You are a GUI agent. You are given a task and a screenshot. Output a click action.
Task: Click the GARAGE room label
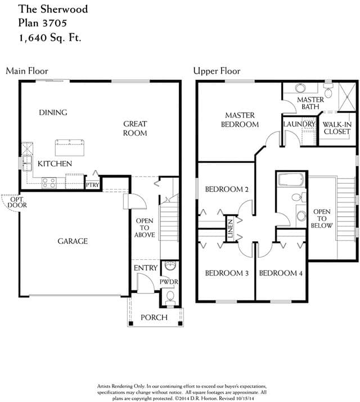tap(73, 241)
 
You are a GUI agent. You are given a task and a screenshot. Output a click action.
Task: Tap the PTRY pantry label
tap(92, 185)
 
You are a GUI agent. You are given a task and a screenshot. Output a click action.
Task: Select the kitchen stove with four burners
tap(49, 183)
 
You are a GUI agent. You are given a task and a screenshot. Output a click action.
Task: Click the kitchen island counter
tap(70, 147)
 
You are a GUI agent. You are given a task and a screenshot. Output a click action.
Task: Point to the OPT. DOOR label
tap(17, 202)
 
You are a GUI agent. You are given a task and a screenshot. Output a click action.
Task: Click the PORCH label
tap(154, 318)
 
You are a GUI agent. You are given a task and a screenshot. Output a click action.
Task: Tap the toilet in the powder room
tap(170, 298)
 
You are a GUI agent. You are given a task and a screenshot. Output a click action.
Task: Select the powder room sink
tap(170, 265)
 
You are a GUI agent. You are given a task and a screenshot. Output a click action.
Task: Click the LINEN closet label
tap(231, 228)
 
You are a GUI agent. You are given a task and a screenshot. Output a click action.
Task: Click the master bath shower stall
tap(348, 96)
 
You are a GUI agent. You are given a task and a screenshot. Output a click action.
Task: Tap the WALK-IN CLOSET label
tap(337, 128)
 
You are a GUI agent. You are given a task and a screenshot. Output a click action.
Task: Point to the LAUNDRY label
tap(299, 124)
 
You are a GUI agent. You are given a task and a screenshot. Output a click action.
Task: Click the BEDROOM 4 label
tap(281, 273)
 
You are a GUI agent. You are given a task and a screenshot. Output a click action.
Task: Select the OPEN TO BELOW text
tap(322, 219)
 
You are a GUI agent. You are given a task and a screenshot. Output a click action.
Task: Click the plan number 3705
tap(55, 23)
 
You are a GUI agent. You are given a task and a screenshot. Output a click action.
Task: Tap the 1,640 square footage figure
tap(33, 38)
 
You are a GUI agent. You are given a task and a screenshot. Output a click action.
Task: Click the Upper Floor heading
tap(217, 71)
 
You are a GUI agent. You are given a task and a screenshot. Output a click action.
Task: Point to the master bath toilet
tap(328, 90)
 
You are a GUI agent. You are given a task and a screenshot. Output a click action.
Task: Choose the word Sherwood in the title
tap(64, 9)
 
